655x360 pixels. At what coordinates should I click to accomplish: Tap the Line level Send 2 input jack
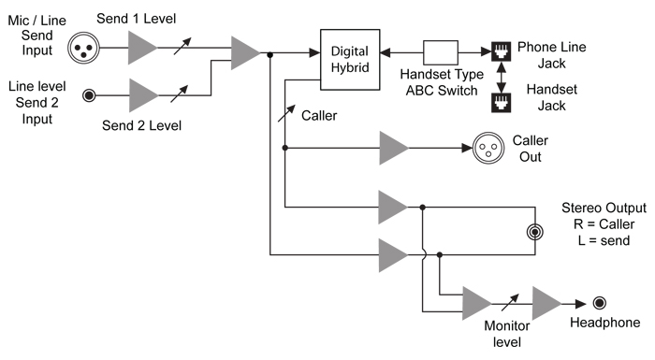[x=91, y=94]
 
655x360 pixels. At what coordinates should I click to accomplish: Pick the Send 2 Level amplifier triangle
[x=143, y=94]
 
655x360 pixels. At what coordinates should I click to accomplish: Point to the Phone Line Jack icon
[x=500, y=53]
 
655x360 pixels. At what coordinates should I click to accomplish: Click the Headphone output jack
[x=599, y=303]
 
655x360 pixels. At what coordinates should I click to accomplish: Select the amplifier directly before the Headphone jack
[x=547, y=303]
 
